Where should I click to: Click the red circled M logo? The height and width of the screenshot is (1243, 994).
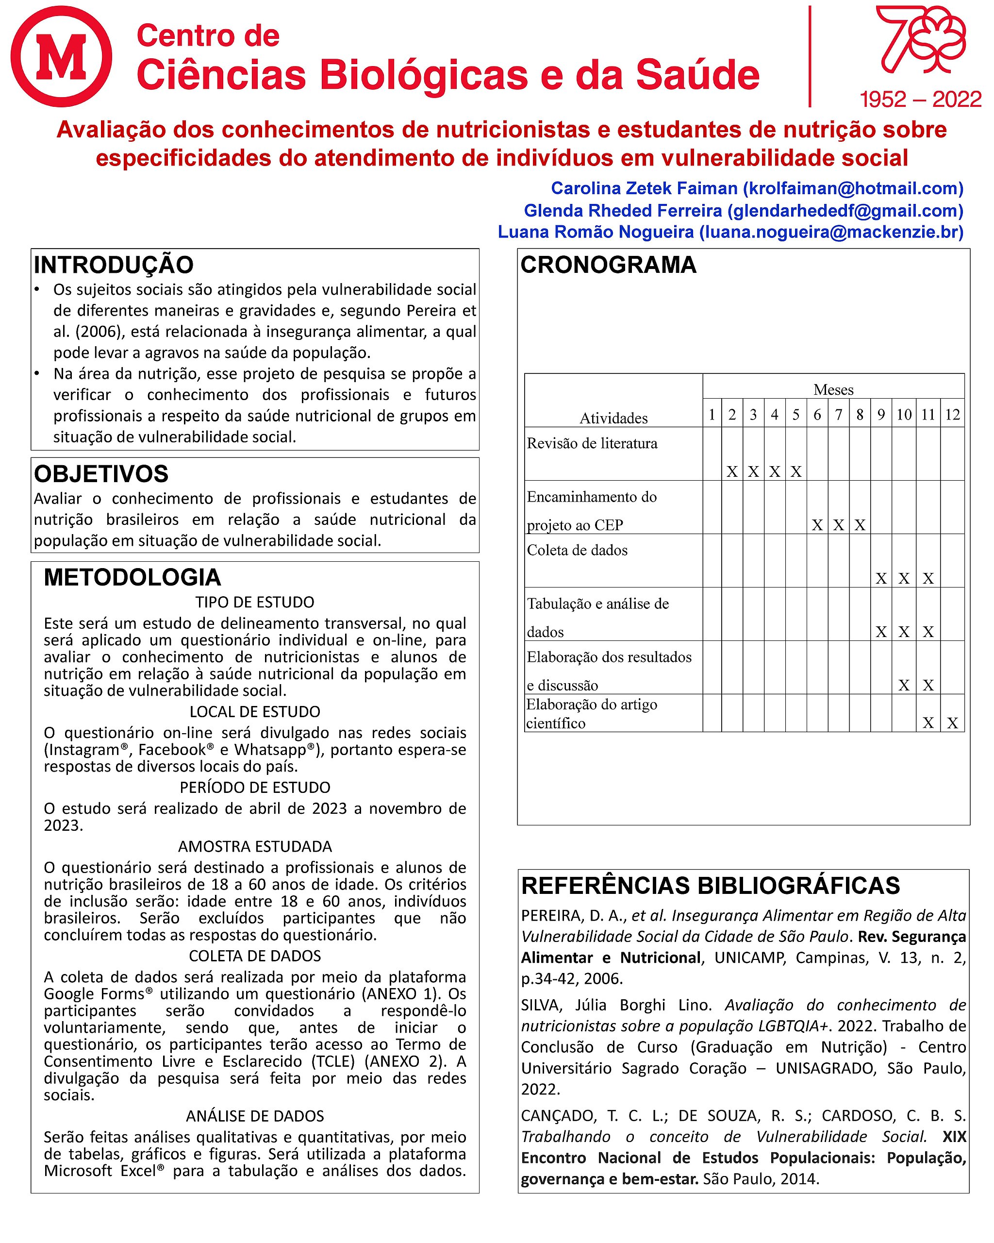point(61,56)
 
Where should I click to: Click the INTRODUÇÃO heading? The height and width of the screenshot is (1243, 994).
point(114,265)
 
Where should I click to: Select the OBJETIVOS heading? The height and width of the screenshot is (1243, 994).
point(101,474)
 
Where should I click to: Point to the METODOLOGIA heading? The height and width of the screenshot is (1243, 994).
point(132,577)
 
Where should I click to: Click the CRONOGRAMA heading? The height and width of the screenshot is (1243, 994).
point(608,265)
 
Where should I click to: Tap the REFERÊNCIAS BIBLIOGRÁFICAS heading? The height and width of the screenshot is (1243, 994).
point(710,886)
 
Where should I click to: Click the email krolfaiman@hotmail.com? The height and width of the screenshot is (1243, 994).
point(853,188)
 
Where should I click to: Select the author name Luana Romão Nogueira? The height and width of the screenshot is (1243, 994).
point(596,232)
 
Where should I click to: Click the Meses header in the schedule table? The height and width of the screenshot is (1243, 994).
point(833,390)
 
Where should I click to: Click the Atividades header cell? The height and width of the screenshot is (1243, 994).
point(613,418)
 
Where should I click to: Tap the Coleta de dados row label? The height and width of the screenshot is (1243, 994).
point(577,550)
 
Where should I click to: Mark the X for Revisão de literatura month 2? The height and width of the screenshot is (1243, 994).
point(732,471)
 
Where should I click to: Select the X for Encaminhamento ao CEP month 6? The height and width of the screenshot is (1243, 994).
point(817,525)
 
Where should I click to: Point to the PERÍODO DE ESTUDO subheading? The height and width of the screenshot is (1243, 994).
point(255,788)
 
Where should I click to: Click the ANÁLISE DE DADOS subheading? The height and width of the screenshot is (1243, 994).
point(255,1116)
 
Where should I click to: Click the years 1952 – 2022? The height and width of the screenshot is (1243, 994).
point(920,100)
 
